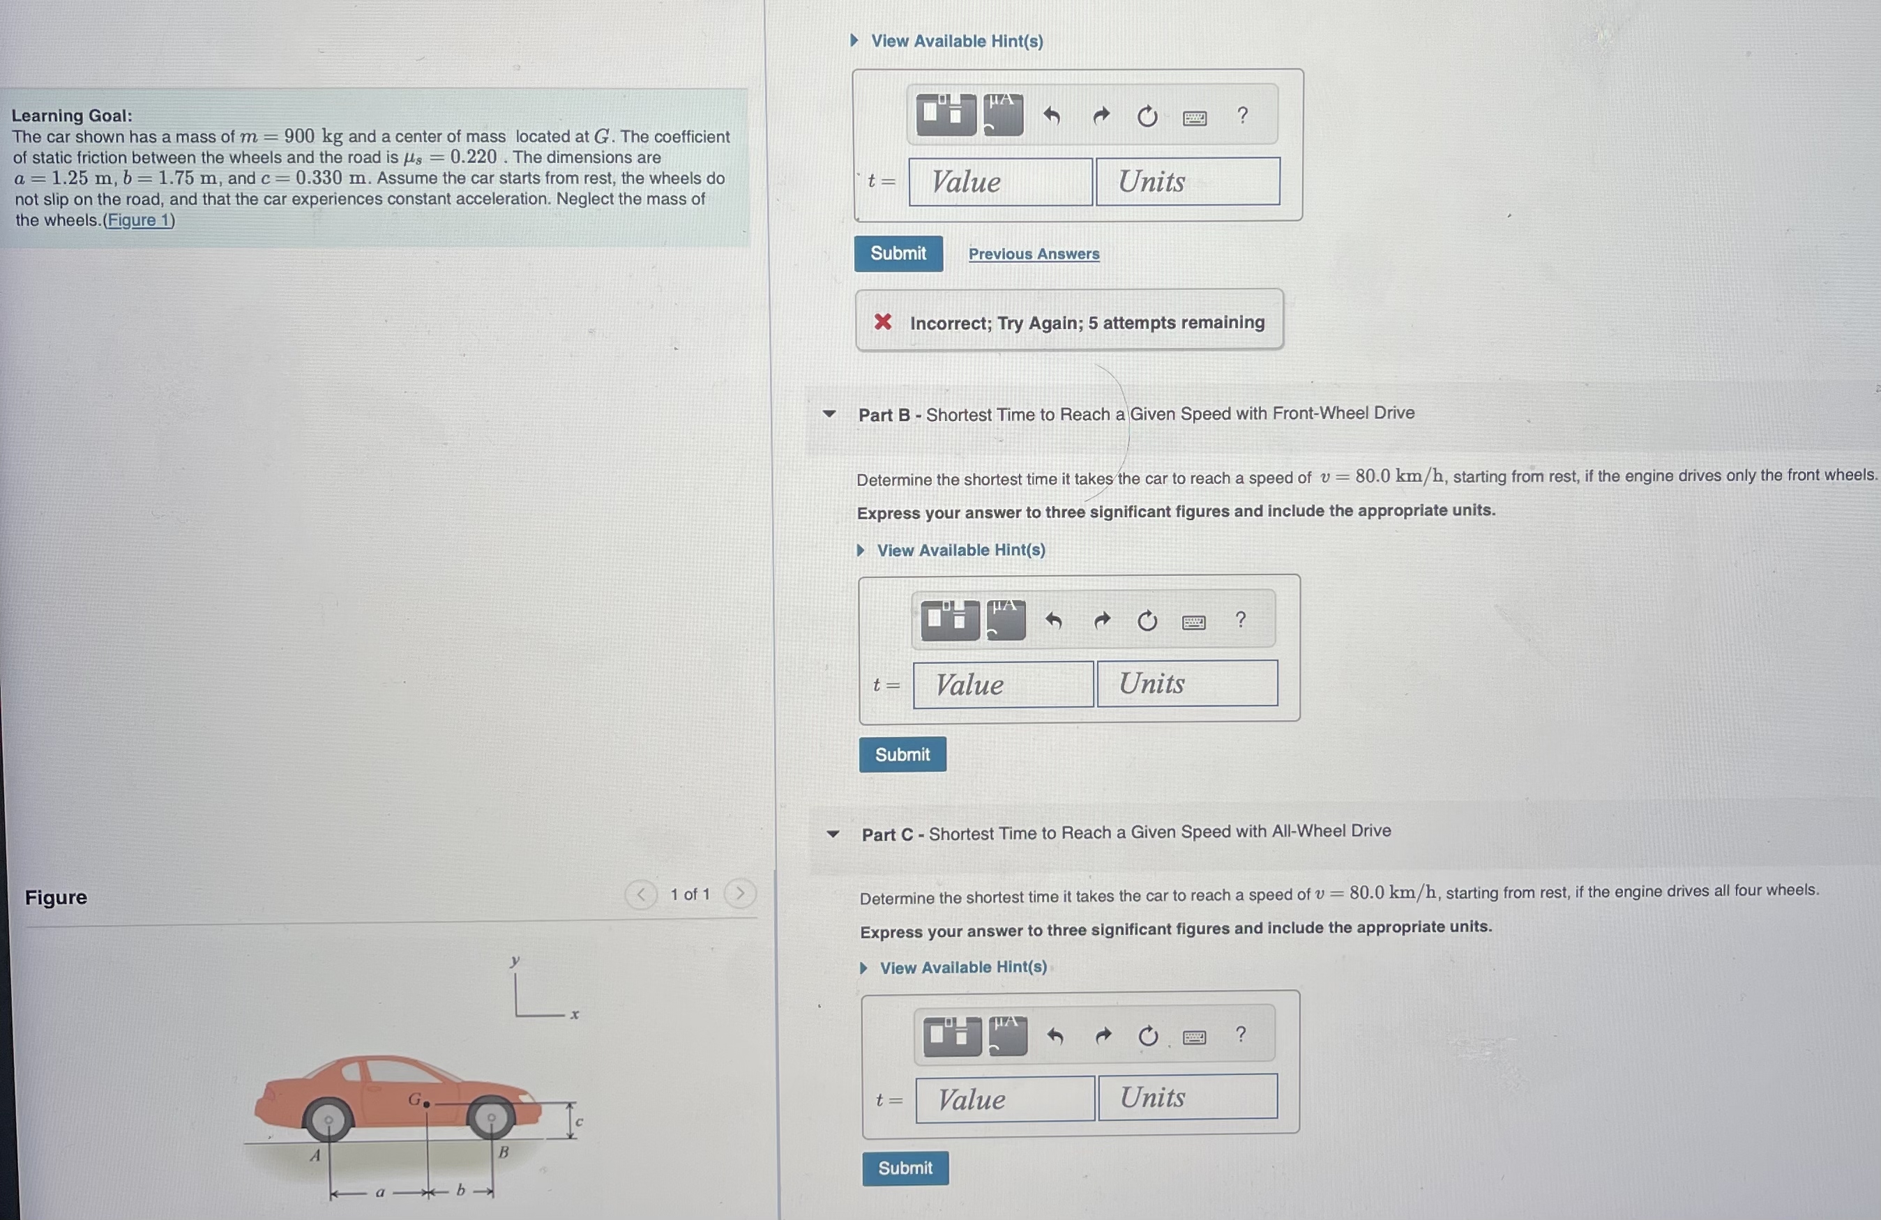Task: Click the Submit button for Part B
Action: pyautogui.click(x=902, y=754)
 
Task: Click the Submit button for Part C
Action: pyautogui.click(x=906, y=1168)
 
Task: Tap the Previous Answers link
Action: pyautogui.click(x=1034, y=254)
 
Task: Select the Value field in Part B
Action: pyautogui.click(x=1003, y=685)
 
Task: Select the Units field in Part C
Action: pyautogui.click(x=1187, y=1096)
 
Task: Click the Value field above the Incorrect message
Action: pyautogui.click(x=1001, y=182)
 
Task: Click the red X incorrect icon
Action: pyautogui.click(x=883, y=321)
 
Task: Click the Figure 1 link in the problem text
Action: pyautogui.click(x=139, y=220)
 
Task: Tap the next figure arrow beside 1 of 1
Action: pyautogui.click(x=741, y=894)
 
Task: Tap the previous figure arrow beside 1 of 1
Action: pyautogui.click(x=641, y=894)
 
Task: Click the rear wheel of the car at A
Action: pyautogui.click(x=328, y=1120)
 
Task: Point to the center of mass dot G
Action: pyautogui.click(x=427, y=1104)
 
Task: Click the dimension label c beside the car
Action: pyautogui.click(x=580, y=1121)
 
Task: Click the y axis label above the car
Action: pyautogui.click(x=515, y=961)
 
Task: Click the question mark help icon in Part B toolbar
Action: pyautogui.click(x=1241, y=620)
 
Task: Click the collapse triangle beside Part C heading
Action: pyautogui.click(x=833, y=834)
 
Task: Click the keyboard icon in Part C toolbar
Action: pyautogui.click(x=1194, y=1037)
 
